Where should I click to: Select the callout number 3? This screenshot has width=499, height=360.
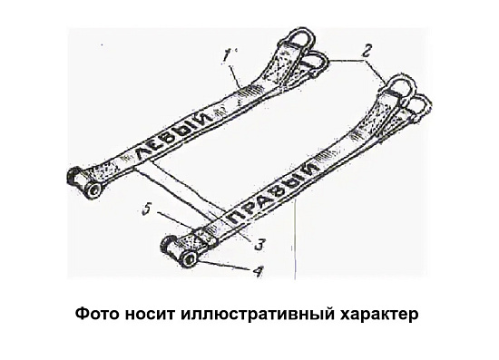(259, 244)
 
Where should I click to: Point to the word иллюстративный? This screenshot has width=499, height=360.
(258, 315)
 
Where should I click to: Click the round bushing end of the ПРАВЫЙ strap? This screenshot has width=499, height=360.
(191, 260)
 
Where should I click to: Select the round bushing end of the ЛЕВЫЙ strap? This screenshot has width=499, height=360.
(93, 191)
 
